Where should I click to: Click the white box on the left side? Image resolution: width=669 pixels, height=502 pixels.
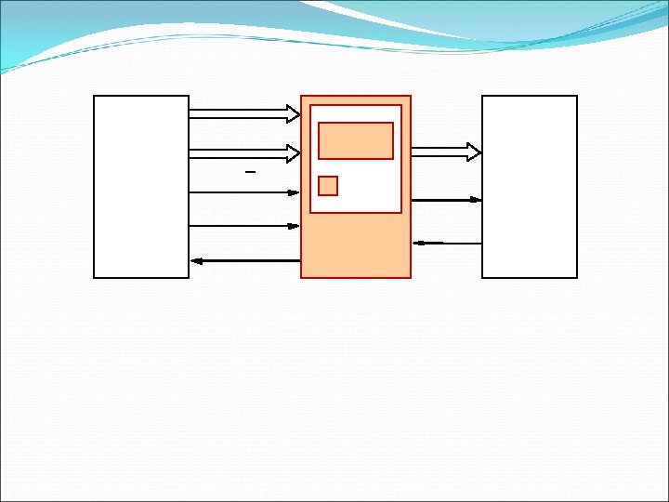pos(141,186)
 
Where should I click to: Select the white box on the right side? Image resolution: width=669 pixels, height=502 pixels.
pos(530,186)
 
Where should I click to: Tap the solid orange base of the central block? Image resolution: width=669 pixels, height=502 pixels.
pos(356,245)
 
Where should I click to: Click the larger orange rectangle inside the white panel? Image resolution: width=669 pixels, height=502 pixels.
pos(356,140)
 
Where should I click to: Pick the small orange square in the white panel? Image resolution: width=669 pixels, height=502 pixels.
pos(328,186)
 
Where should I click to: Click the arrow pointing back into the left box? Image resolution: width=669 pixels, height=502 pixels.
pos(245,260)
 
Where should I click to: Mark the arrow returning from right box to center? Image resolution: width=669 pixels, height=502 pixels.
pos(448,243)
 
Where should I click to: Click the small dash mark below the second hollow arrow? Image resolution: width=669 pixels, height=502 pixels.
pos(249,173)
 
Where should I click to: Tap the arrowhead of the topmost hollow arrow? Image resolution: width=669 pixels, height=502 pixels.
pos(293,113)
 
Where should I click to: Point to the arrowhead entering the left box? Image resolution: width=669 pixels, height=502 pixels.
pos(196,260)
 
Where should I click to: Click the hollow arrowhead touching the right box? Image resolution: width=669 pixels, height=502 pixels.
pos(474,152)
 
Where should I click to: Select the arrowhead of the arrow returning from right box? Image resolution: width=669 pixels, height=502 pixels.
pos(418,243)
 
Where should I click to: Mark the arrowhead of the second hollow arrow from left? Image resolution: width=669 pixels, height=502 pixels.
pos(293,152)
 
